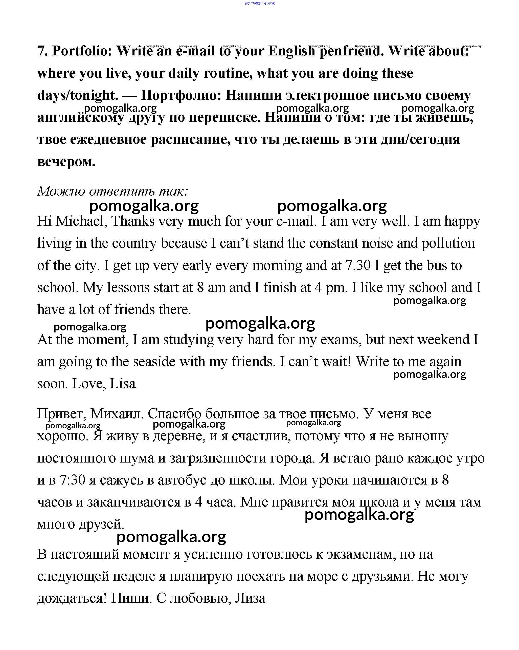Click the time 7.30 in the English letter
pyautogui.click(x=357, y=265)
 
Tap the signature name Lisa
pyautogui.click(x=123, y=384)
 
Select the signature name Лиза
pyautogui.click(x=250, y=598)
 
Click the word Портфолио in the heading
pyautogui.click(x=181, y=96)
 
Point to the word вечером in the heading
pyautogui.click(x=66, y=162)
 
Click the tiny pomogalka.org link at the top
pyautogui.click(x=260, y=3)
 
